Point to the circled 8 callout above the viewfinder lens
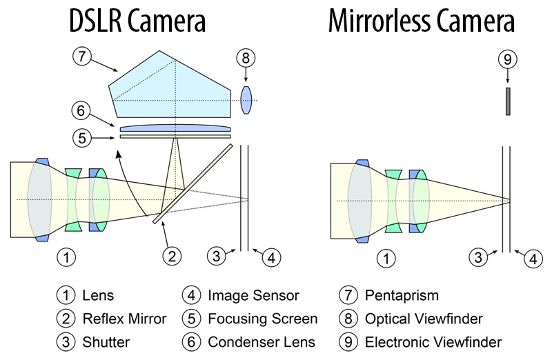tap(246, 59)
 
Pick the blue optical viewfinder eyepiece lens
tap(246, 100)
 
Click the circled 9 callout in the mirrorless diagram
tap(508, 59)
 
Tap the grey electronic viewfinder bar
tap(508, 101)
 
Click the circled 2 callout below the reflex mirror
tap(171, 257)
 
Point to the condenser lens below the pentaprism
tap(175, 128)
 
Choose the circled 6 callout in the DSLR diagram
tap(81, 110)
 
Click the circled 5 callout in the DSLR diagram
tap(81, 137)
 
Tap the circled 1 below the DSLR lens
tap(66, 257)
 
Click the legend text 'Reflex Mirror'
tap(124, 319)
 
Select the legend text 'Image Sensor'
tap(253, 296)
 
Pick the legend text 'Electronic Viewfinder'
tap(433, 341)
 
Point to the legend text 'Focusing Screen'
tap(263, 319)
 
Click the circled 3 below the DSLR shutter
tap(217, 257)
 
